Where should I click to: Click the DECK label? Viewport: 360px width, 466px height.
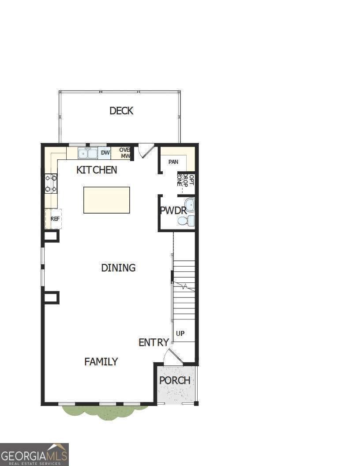[121, 111]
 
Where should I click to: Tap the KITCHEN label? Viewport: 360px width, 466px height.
[97, 170]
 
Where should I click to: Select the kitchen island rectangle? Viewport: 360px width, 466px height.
[107, 200]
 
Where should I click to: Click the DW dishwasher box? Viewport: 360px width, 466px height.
[105, 153]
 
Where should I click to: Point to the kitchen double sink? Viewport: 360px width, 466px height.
[88, 154]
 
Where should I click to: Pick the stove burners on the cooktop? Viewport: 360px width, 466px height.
[51, 184]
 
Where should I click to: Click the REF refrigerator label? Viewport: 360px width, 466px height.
[55, 218]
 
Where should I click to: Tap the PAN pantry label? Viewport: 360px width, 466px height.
[173, 162]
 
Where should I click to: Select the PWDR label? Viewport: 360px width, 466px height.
[173, 210]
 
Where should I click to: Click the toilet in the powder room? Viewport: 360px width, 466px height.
[190, 221]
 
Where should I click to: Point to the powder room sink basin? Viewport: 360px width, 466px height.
[190, 205]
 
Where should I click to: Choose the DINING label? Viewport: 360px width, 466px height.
[118, 268]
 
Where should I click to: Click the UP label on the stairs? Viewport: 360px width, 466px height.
[180, 334]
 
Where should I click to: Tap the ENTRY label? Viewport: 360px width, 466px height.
[154, 342]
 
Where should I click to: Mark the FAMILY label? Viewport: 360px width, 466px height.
[101, 362]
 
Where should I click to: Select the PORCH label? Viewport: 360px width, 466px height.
[175, 380]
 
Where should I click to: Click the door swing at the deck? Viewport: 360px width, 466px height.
[146, 150]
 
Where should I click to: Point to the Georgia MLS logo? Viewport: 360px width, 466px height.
[34, 454]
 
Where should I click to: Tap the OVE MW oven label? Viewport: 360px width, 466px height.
[124, 153]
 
